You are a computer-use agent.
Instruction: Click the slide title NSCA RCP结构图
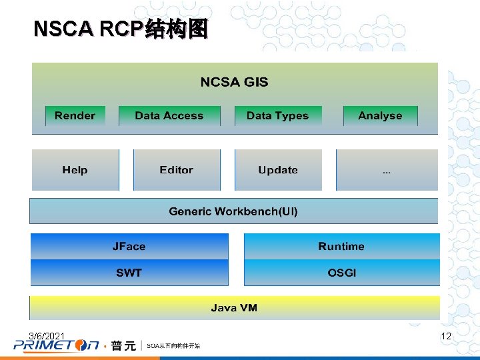pos(121,29)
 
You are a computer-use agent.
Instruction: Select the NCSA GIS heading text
pos(234,82)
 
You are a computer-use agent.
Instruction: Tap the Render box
pos(75,115)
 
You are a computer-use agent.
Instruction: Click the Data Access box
pos(169,115)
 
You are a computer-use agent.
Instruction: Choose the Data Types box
pos(277,115)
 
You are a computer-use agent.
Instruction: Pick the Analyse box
pos(380,115)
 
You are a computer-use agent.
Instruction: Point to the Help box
pos(75,170)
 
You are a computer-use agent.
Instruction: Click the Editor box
pos(176,170)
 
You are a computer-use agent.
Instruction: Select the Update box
pos(277,170)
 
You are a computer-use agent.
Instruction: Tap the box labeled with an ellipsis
pos(387,170)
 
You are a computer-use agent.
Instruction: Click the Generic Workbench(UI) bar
pos(233,211)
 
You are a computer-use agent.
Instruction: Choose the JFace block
pos(129,246)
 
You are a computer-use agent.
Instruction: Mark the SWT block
pos(129,273)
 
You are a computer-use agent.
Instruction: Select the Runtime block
pos(341,246)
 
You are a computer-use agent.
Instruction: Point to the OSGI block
pos(341,273)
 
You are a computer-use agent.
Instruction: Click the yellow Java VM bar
pos(234,307)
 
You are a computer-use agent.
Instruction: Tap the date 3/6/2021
pos(47,335)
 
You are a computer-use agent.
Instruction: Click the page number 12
pos(446,336)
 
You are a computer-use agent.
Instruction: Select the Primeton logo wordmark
pos(56,345)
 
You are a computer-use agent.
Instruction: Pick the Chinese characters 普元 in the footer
pos(123,345)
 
